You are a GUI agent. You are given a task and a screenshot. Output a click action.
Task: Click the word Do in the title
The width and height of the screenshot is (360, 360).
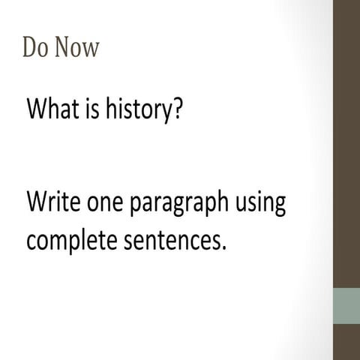click(x=34, y=47)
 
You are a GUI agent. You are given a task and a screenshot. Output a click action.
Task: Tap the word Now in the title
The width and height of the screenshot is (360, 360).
click(x=75, y=47)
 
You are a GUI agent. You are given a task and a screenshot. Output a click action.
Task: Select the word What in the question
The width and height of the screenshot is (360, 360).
click(x=53, y=110)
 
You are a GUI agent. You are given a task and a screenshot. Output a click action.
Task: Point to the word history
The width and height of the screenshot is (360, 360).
click(x=141, y=111)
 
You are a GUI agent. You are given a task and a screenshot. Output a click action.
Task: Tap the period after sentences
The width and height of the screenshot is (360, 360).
click(x=223, y=249)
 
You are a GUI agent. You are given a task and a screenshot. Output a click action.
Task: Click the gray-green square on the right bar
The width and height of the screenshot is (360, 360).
click(x=346, y=306)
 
